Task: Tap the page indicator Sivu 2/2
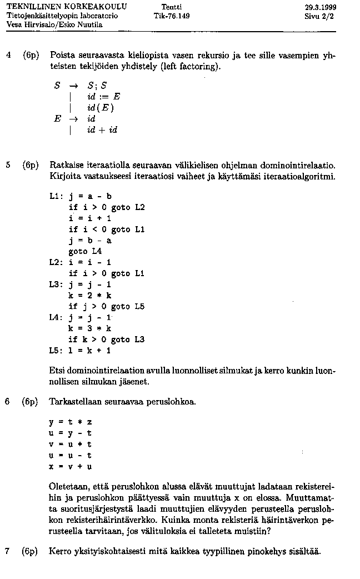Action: point(321,16)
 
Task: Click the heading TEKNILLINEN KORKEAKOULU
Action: point(67,7)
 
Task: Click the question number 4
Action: point(8,56)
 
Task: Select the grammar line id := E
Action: point(104,97)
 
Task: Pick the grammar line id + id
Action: point(102,129)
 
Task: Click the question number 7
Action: point(8,551)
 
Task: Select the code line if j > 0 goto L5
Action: point(107,306)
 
